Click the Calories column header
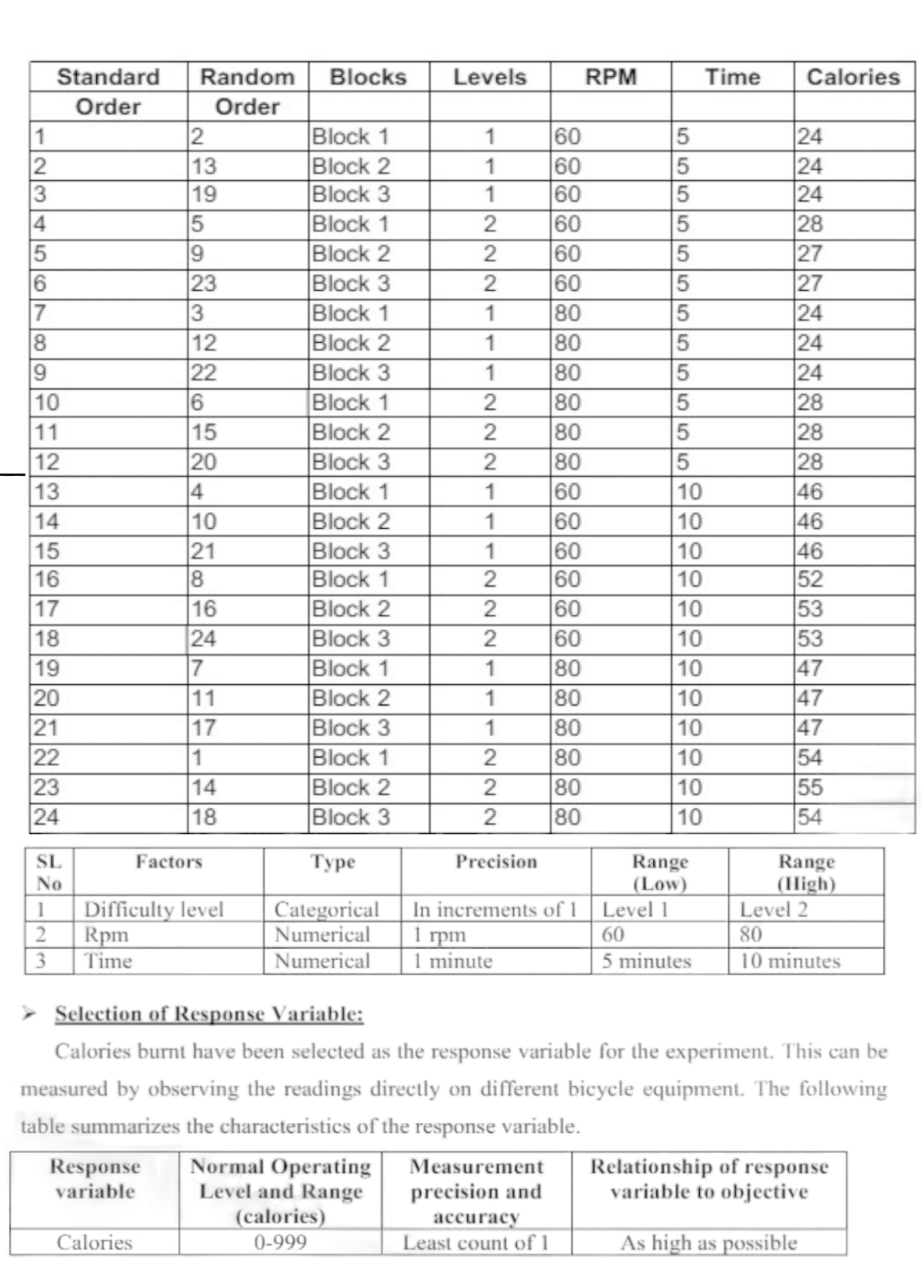point(853,77)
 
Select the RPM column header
point(611,77)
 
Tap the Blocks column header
point(368,77)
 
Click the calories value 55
point(809,787)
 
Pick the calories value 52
point(809,580)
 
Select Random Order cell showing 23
point(203,283)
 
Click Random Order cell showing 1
point(195,757)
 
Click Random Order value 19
point(203,194)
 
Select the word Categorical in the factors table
point(326,909)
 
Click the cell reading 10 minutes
point(790,961)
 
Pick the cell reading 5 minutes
point(646,961)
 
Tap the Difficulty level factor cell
point(153,909)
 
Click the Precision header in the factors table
point(496,862)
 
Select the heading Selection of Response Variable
point(209,1014)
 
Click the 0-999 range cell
point(281,1243)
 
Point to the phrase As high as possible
point(709,1243)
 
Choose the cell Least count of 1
point(476,1243)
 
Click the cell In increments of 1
point(495,909)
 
